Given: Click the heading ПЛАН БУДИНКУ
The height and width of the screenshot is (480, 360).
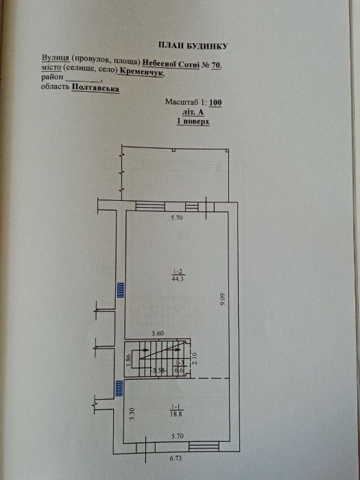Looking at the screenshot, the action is (x=193, y=46).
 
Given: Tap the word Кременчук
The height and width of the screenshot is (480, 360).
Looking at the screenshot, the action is (x=141, y=73).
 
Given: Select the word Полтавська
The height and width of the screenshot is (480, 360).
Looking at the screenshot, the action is (x=95, y=88).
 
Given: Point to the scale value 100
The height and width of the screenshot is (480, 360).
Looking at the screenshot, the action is (x=216, y=102).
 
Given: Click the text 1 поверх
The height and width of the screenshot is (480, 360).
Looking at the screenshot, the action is (x=193, y=121).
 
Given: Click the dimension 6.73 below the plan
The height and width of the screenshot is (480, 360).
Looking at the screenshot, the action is (x=176, y=458).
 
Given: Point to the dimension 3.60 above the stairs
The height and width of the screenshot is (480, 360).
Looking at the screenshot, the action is (x=158, y=334).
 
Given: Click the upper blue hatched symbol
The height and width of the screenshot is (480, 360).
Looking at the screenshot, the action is (x=121, y=290).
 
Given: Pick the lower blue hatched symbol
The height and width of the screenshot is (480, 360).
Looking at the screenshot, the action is (x=119, y=389).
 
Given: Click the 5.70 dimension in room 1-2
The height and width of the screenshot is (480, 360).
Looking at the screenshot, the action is (x=176, y=218).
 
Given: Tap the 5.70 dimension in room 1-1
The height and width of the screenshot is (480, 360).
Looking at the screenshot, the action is (x=178, y=436).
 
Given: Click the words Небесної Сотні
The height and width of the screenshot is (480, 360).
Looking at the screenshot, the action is (x=171, y=64).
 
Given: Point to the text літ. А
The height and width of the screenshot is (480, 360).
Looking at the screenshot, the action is (x=193, y=112).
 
